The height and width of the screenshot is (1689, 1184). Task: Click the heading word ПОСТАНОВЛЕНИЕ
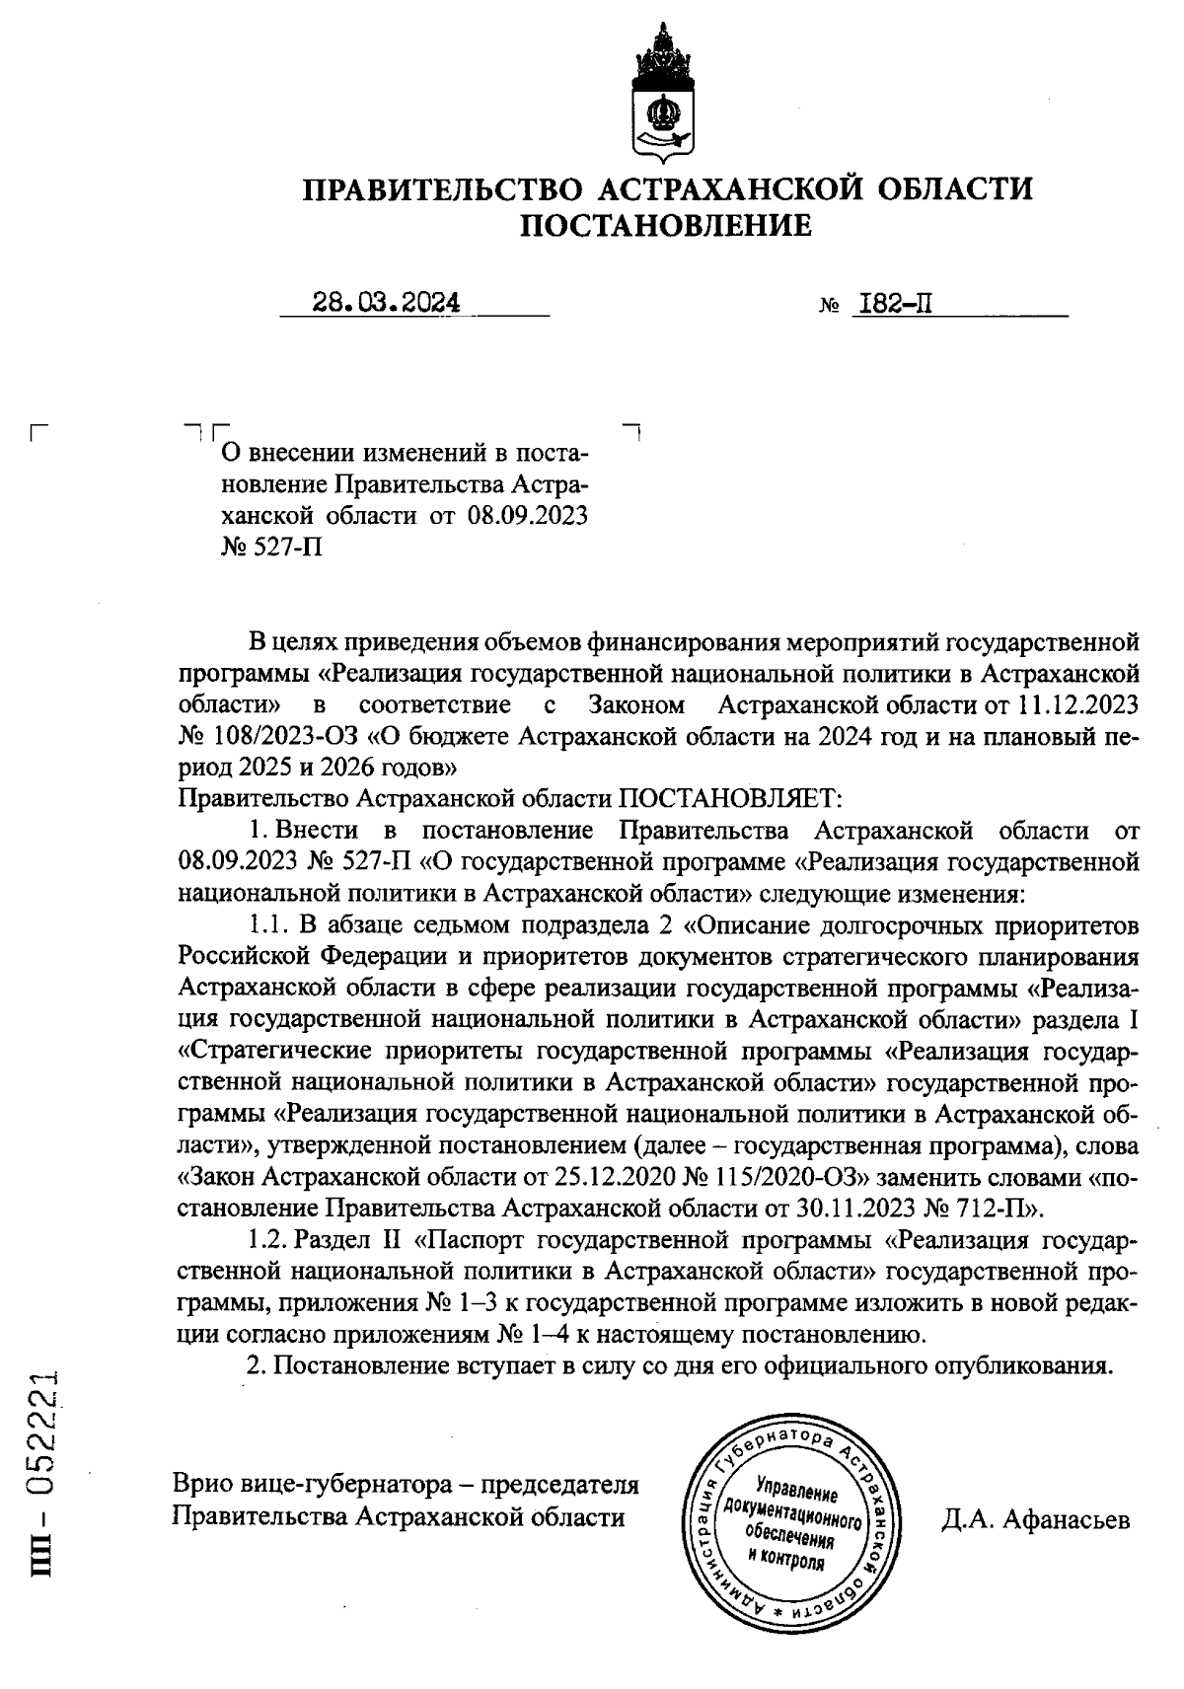click(x=666, y=226)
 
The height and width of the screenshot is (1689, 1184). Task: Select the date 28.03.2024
click(x=386, y=302)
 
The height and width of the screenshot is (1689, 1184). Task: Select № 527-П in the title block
click(x=272, y=546)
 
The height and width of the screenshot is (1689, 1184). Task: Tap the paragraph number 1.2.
click(x=266, y=1240)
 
